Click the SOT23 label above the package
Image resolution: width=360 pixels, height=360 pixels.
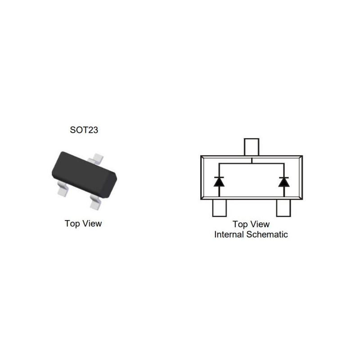point(84,130)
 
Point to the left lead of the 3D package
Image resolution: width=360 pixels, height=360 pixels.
point(63,190)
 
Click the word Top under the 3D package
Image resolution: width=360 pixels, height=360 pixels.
point(72,223)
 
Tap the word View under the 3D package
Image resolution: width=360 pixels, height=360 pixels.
point(92,223)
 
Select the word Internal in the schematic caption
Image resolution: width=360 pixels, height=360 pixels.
point(229,234)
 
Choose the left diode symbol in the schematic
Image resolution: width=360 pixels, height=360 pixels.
point(219,181)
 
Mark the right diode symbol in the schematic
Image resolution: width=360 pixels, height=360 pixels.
point(284,181)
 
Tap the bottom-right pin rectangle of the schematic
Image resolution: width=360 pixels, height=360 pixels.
point(284,208)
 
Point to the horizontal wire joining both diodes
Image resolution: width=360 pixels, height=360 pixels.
point(251,164)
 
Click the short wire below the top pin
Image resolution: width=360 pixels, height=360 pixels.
point(251,160)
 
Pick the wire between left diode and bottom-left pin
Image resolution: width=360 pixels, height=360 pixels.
point(219,192)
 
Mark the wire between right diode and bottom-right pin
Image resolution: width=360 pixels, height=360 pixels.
point(284,192)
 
